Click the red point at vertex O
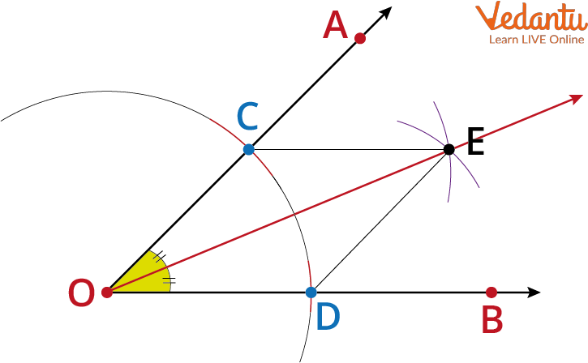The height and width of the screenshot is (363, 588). coord(107,293)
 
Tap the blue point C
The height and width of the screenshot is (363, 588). coord(249,149)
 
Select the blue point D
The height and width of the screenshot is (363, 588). coord(311,293)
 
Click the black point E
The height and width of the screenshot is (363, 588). coord(449,149)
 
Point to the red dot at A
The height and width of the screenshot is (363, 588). coord(360,38)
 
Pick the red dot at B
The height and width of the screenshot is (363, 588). coord(491,293)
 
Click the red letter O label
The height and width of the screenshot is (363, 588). coord(81,293)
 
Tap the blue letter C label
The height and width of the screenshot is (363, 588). coord(248,116)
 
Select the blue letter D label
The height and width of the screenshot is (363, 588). coord(328,317)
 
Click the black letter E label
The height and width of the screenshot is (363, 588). coord(476,141)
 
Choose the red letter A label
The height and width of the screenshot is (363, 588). coord(335,25)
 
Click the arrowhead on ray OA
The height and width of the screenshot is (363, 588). coord(385,13)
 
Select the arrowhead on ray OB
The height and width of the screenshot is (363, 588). coord(534,293)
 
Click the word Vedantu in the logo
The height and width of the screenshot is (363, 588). coord(531,16)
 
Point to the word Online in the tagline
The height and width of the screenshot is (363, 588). coord(567,40)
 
